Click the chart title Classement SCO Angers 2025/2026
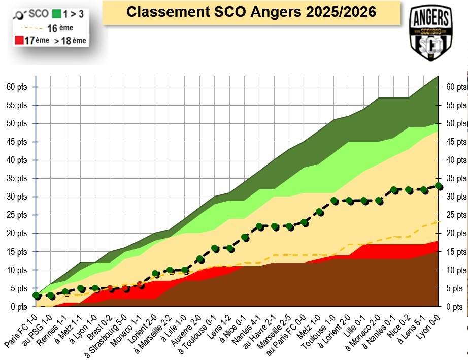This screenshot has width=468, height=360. pos(251,12)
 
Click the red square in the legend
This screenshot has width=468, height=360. pos(19,40)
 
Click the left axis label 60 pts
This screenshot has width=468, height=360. pos(17,87)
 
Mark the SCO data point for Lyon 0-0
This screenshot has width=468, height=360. pos(439,186)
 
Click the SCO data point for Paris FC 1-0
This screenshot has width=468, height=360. pos(36,296)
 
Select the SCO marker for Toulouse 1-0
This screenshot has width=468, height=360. pos(335,201)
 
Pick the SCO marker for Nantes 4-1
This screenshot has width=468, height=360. pos(260,226)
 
